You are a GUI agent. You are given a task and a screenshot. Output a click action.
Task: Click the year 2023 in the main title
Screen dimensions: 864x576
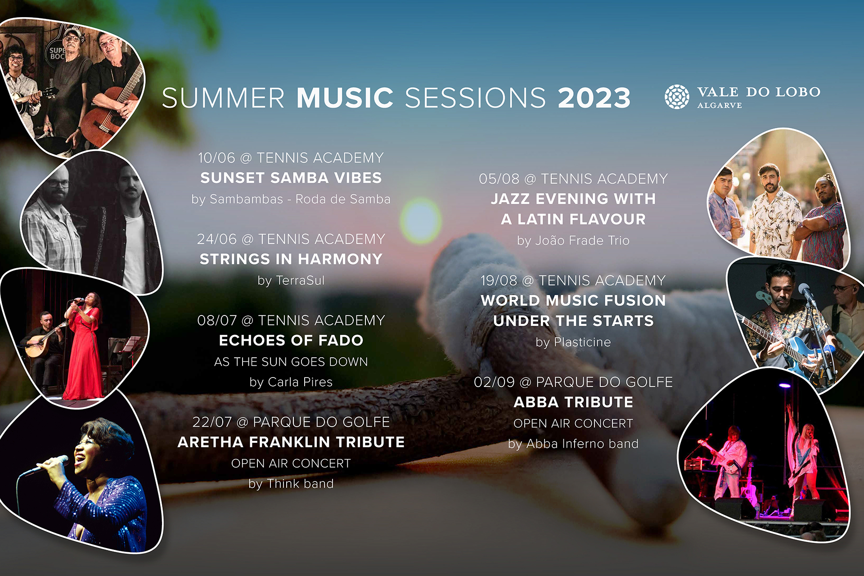coord(594,98)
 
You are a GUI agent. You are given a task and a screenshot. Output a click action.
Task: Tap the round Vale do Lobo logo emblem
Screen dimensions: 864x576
coord(677,97)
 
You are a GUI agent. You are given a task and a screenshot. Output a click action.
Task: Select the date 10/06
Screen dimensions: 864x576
coord(216,158)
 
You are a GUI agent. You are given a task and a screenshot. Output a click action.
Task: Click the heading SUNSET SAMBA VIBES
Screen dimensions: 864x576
coord(291,178)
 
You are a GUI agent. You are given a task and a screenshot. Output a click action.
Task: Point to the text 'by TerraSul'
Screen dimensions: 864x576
coord(291,280)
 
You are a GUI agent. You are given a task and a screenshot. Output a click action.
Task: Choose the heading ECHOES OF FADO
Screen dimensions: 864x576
coord(291,340)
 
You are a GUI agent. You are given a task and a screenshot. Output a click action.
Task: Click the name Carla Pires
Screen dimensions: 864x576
coord(300,382)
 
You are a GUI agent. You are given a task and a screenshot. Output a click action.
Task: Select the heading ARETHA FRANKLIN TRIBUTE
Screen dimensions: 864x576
coord(291,442)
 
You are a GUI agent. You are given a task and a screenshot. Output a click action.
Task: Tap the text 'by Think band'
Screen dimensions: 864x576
coord(291,484)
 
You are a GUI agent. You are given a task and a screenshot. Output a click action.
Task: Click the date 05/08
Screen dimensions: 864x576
coord(499,179)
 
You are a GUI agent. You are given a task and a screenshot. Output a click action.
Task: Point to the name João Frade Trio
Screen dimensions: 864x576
coord(582,240)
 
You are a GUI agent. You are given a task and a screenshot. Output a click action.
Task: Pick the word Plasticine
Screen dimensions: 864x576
coord(582,342)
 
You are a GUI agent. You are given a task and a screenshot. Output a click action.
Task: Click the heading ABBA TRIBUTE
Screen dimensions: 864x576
coord(573,402)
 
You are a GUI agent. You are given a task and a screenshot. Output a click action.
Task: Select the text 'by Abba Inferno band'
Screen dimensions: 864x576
coord(573,444)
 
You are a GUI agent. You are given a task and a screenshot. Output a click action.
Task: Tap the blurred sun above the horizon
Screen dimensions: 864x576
coord(421,221)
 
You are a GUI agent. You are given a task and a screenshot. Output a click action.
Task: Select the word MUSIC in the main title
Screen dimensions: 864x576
coord(345,98)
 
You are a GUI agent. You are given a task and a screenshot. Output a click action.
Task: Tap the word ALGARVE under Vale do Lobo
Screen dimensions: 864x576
coord(720,105)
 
